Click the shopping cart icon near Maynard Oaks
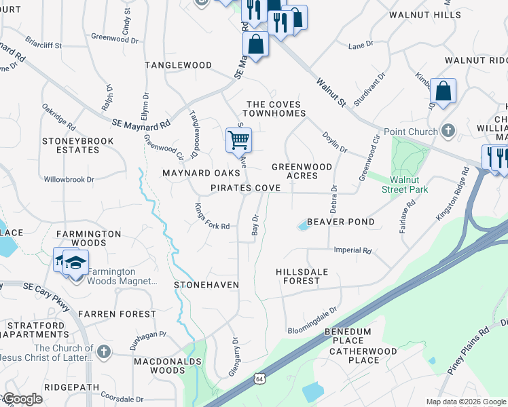click(x=238, y=140)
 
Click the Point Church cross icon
click(x=448, y=130)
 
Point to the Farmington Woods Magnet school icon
click(x=76, y=262)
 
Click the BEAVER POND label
click(x=341, y=222)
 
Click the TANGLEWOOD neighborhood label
click(x=179, y=65)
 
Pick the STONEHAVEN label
click(x=206, y=285)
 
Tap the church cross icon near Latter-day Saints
click(x=103, y=351)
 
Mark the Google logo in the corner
click(x=22, y=399)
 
